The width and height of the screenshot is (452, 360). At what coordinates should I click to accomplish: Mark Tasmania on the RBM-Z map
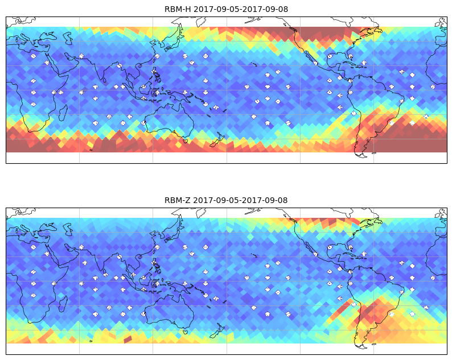185,332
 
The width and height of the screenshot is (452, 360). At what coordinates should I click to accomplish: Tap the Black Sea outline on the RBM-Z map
49,227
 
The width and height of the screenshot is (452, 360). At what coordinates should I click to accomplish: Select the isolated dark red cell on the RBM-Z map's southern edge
128,340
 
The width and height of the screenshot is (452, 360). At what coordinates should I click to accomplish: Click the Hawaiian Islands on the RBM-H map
254,64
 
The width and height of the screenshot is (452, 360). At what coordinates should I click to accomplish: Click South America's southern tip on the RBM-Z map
362,346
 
